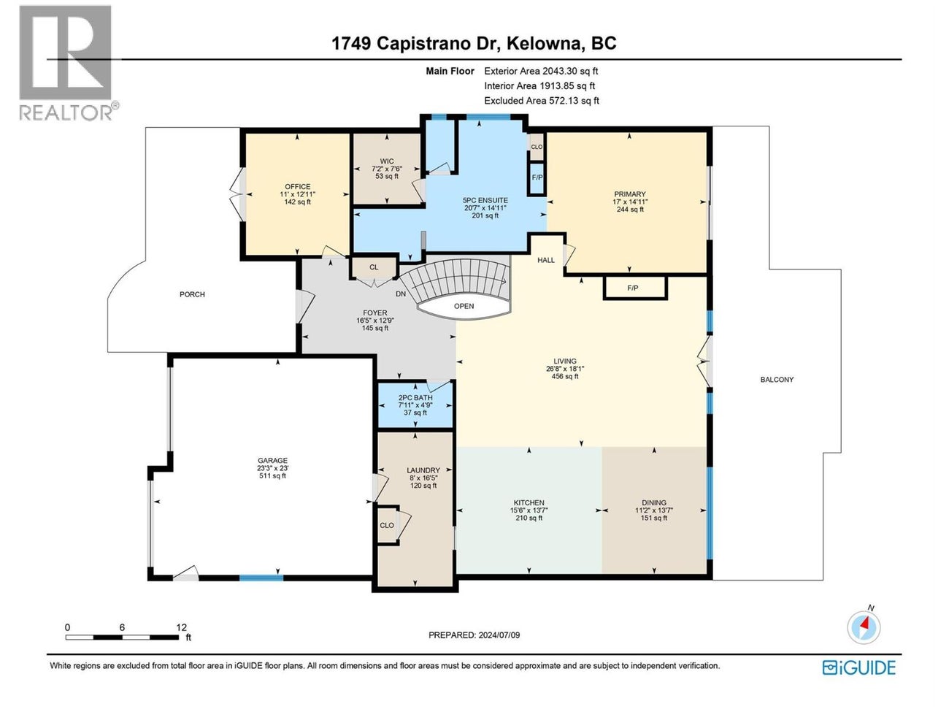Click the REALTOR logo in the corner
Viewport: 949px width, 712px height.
click(x=66, y=62)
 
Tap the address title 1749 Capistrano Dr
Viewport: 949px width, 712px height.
click(x=474, y=43)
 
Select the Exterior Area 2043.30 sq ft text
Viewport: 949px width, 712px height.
click(x=541, y=71)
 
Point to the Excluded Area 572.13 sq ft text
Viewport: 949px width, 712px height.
click(x=541, y=101)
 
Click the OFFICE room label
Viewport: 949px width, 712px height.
click(x=298, y=187)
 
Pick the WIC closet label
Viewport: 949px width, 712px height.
click(x=387, y=161)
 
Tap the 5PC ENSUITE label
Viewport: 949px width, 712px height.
click(x=485, y=200)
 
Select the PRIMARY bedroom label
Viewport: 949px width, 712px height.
click(x=629, y=194)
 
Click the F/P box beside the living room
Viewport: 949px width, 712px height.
click(x=634, y=288)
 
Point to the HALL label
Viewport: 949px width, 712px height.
click(x=546, y=260)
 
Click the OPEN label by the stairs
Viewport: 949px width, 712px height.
click(x=464, y=306)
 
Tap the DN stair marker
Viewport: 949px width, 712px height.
click(x=401, y=294)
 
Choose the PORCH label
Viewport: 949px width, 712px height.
click(x=193, y=294)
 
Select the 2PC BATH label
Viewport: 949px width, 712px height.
click(x=415, y=398)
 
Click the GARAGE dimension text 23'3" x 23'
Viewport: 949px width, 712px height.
click(x=273, y=468)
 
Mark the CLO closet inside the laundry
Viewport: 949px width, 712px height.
click(x=387, y=525)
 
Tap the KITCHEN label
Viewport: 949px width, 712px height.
click(x=529, y=502)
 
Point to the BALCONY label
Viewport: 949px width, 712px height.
click(x=777, y=380)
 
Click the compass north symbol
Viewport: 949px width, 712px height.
click(x=864, y=627)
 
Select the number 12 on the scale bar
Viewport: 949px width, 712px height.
click(x=181, y=627)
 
